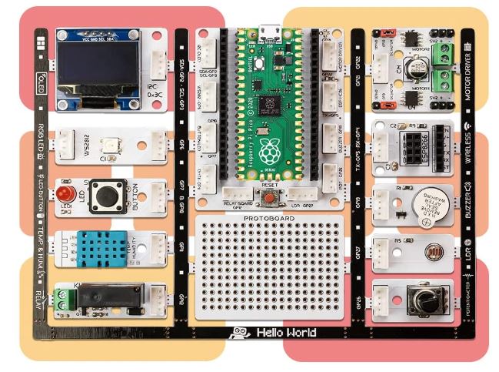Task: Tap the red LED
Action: pos(67,193)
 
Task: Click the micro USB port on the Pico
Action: pos(268,33)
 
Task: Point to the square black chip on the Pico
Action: pos(271,102)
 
